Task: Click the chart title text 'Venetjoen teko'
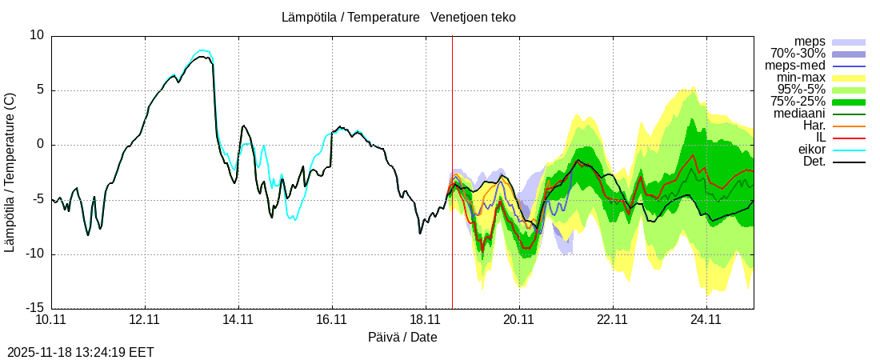coord(473,17)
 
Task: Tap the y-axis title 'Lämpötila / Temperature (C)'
coord(10,172)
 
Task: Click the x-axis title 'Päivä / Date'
coord(402,337)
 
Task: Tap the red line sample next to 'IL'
coord(849,138)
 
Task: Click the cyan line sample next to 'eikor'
coord(849,150)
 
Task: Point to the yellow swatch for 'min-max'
coord(849,78)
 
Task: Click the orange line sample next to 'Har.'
coord(849,126)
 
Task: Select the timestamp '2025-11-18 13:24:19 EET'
coord(81,352)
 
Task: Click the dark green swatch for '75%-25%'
coord(849,102)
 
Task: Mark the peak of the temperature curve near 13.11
coord(203,54)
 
